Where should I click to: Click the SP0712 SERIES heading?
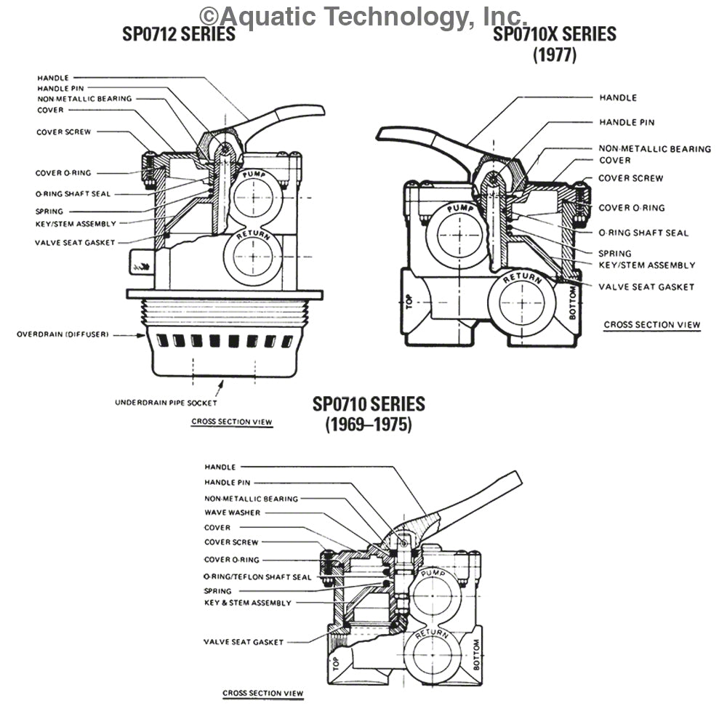pos(179,34)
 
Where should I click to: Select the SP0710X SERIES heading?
pos(555,34)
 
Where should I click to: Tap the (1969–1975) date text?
pos(368,425)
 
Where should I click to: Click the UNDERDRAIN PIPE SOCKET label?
pos(166,402)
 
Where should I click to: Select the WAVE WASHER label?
pos(232,513)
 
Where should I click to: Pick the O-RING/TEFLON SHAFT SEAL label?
pos(258,577)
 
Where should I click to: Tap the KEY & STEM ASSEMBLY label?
pos(248,603)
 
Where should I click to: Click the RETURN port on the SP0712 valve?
pos(252,254)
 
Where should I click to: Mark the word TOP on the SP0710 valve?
pos(336,664)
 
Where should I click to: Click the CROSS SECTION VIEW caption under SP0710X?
pos(652,325)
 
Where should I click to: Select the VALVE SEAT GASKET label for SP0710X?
pos(646,286)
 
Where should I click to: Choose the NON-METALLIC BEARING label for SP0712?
pos(84,98)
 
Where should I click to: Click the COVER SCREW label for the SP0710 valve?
pos(231,542)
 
